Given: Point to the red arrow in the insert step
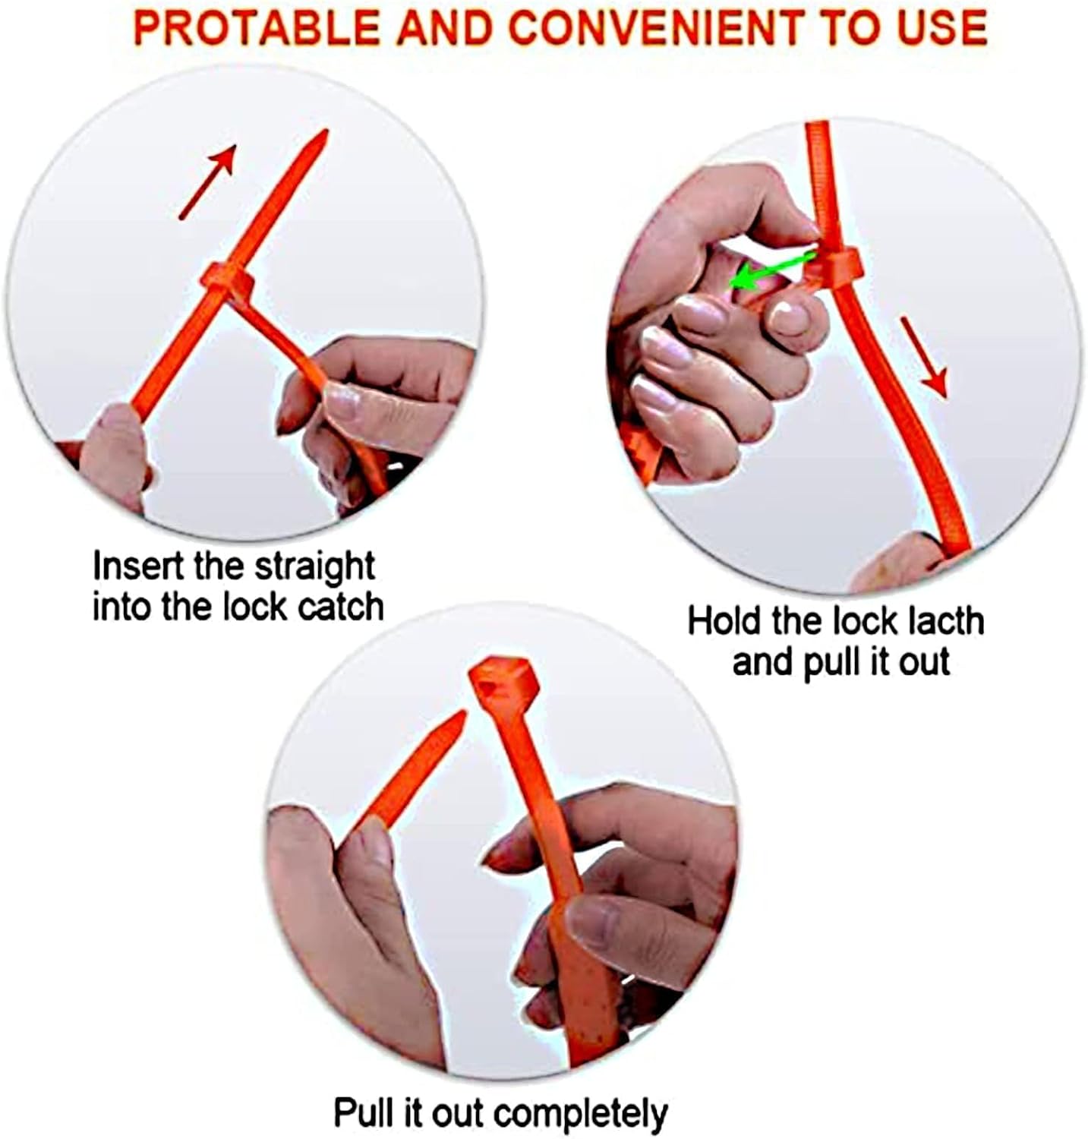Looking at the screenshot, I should click(207, 180).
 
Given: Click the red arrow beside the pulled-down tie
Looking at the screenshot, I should click(924, 356).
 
